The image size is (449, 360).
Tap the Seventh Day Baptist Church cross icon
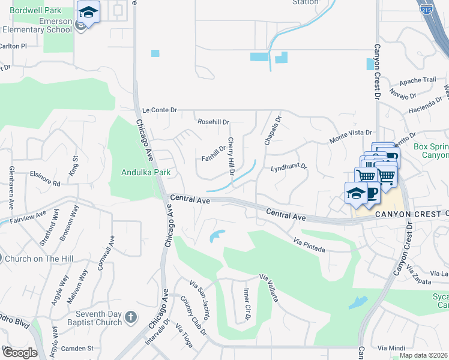[x=132, y=316]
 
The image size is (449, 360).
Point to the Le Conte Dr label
[x=160, y=110]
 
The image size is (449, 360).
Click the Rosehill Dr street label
[x=214, y=122]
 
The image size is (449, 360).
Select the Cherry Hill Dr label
[x=230, y=156]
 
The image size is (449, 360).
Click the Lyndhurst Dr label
[x=288, y=167]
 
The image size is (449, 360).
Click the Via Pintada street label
[x=310, y=244]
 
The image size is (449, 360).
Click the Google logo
[x=20, y=353]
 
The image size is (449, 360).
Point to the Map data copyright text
[x=423, y=355]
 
